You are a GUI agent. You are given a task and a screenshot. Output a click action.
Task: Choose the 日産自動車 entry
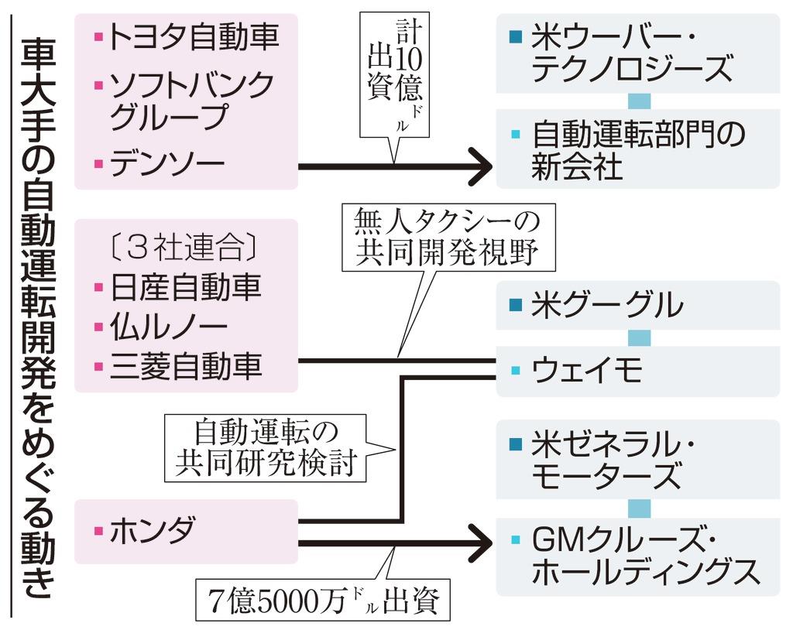pyautogui.click(x=186, y=287)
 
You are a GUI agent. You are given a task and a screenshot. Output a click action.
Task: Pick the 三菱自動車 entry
pyautogui.click(x=186, y=365)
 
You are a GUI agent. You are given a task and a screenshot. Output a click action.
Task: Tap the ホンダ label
pyautogui.click(x=152, y=532)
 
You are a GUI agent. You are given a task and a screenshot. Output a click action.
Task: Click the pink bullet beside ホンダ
pyautogui.click(x=98, y=532)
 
